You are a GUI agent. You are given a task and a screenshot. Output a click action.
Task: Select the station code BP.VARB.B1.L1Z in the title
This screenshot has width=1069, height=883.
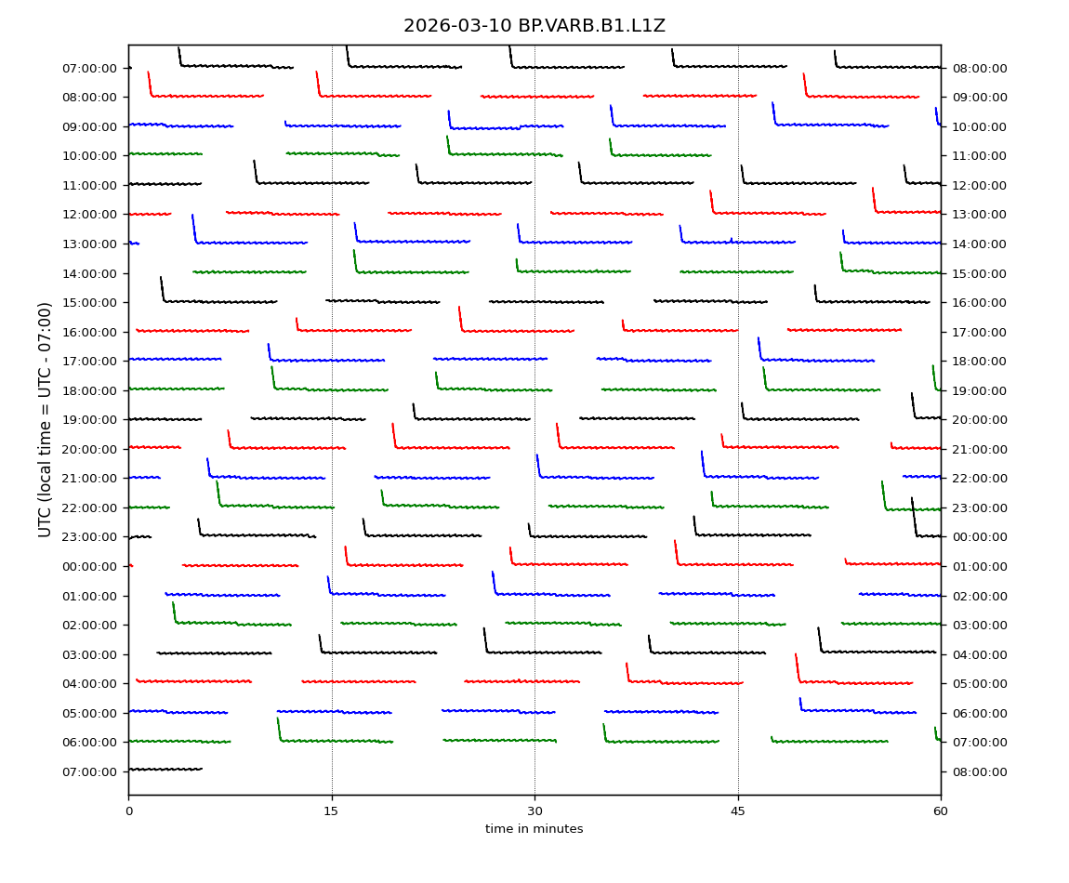591,26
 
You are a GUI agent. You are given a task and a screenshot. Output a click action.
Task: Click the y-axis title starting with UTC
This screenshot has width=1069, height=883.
46,419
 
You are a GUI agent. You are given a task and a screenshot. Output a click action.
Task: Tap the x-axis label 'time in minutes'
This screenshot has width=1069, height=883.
534,829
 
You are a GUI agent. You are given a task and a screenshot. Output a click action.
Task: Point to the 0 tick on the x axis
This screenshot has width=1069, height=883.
128,811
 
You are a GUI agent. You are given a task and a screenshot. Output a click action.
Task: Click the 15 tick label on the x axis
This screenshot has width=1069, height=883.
331,811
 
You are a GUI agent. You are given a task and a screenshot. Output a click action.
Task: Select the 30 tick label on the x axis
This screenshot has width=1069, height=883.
534,811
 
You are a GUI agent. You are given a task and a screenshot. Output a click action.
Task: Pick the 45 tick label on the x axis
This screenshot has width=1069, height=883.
737,811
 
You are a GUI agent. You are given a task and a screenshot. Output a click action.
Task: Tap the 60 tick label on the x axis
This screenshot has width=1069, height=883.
941,811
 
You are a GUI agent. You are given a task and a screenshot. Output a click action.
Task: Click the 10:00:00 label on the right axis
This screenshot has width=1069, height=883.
979,126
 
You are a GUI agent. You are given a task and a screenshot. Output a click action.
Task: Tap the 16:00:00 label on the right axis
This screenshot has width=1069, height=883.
979,302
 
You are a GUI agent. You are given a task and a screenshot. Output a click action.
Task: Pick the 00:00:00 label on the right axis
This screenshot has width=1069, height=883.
979,537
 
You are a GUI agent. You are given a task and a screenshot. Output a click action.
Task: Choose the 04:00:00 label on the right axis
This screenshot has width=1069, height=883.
979,654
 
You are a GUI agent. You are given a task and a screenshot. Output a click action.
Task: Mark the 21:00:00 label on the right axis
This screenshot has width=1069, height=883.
979,449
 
